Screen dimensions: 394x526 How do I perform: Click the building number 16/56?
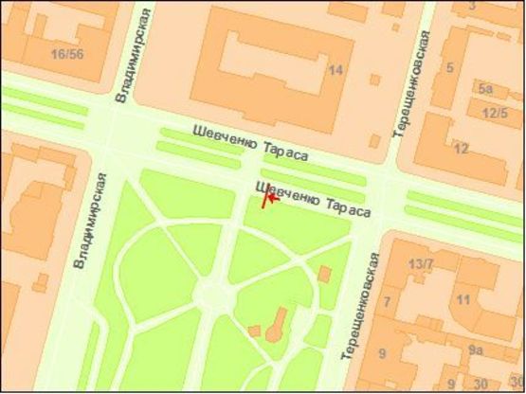pyautogui.click(x=68, y=54)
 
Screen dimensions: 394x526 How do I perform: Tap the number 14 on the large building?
pyautogui.click(x=335, y=70)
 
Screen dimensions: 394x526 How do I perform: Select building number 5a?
pyautogui.click(x=486, y=89)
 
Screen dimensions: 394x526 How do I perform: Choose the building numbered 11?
pyautogui.click(x=463, y=300)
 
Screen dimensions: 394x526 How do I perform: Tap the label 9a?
pyautogui.click(x=475, y=350)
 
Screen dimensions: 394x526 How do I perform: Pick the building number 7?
pyautogui.click(x=388, y=302)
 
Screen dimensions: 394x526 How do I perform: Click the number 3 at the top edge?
pyautogui.click(x=472, y=6)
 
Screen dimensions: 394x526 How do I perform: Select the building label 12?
pyautogui.click(x=462, y=149)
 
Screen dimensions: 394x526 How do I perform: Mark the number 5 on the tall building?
pyautogui.click(x=450, y=68)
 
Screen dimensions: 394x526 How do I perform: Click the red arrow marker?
pyautogui.click(x=269, y=197)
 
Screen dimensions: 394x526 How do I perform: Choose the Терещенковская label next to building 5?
pyautogui.click(x=410, y=85)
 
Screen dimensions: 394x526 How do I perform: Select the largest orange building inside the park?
pyautogui.click(x=280, y=324)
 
